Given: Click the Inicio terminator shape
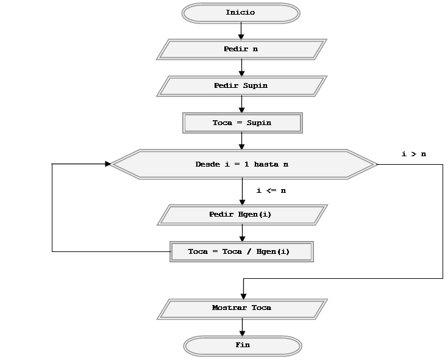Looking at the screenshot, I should click(241, 13).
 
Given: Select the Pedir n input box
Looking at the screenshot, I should click(241, 49).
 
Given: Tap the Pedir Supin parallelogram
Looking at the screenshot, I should click(241, 86).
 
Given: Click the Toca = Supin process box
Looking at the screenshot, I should click(242, 123).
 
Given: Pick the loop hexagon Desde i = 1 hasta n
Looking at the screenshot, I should click(243, 164).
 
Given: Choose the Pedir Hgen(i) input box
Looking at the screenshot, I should click(242, 215).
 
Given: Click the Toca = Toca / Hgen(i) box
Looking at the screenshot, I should click(241, 251).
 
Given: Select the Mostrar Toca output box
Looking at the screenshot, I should click(242, 308).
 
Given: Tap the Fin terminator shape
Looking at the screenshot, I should click(243, 345).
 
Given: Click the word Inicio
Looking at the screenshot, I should click(240, 13).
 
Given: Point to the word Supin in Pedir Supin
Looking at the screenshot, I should click(255, 86).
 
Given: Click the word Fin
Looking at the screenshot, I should click(243, 345).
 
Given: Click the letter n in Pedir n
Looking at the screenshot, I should click(255, 49).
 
